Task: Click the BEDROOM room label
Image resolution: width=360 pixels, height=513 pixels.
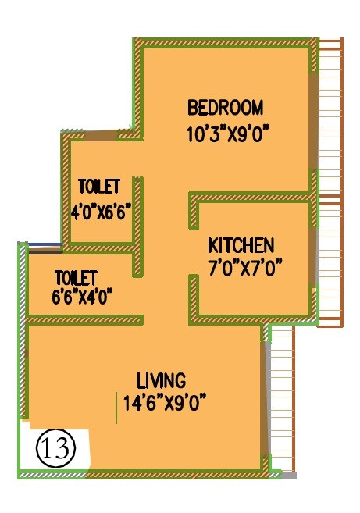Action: coord(225,107)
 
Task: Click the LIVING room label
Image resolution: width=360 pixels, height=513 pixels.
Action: coord(161,381)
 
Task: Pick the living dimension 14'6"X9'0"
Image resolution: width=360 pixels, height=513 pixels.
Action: coord(164,404)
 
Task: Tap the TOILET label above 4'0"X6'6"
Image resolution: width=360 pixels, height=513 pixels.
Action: coord(99,187)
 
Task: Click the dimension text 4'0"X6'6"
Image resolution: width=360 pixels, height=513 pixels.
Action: coord(99,212)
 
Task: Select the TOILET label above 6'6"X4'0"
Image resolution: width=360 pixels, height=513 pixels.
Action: coord(75,277)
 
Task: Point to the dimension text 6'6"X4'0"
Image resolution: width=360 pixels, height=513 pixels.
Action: coord(83,296)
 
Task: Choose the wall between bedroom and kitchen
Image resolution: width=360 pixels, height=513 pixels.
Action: coord(250,196)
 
